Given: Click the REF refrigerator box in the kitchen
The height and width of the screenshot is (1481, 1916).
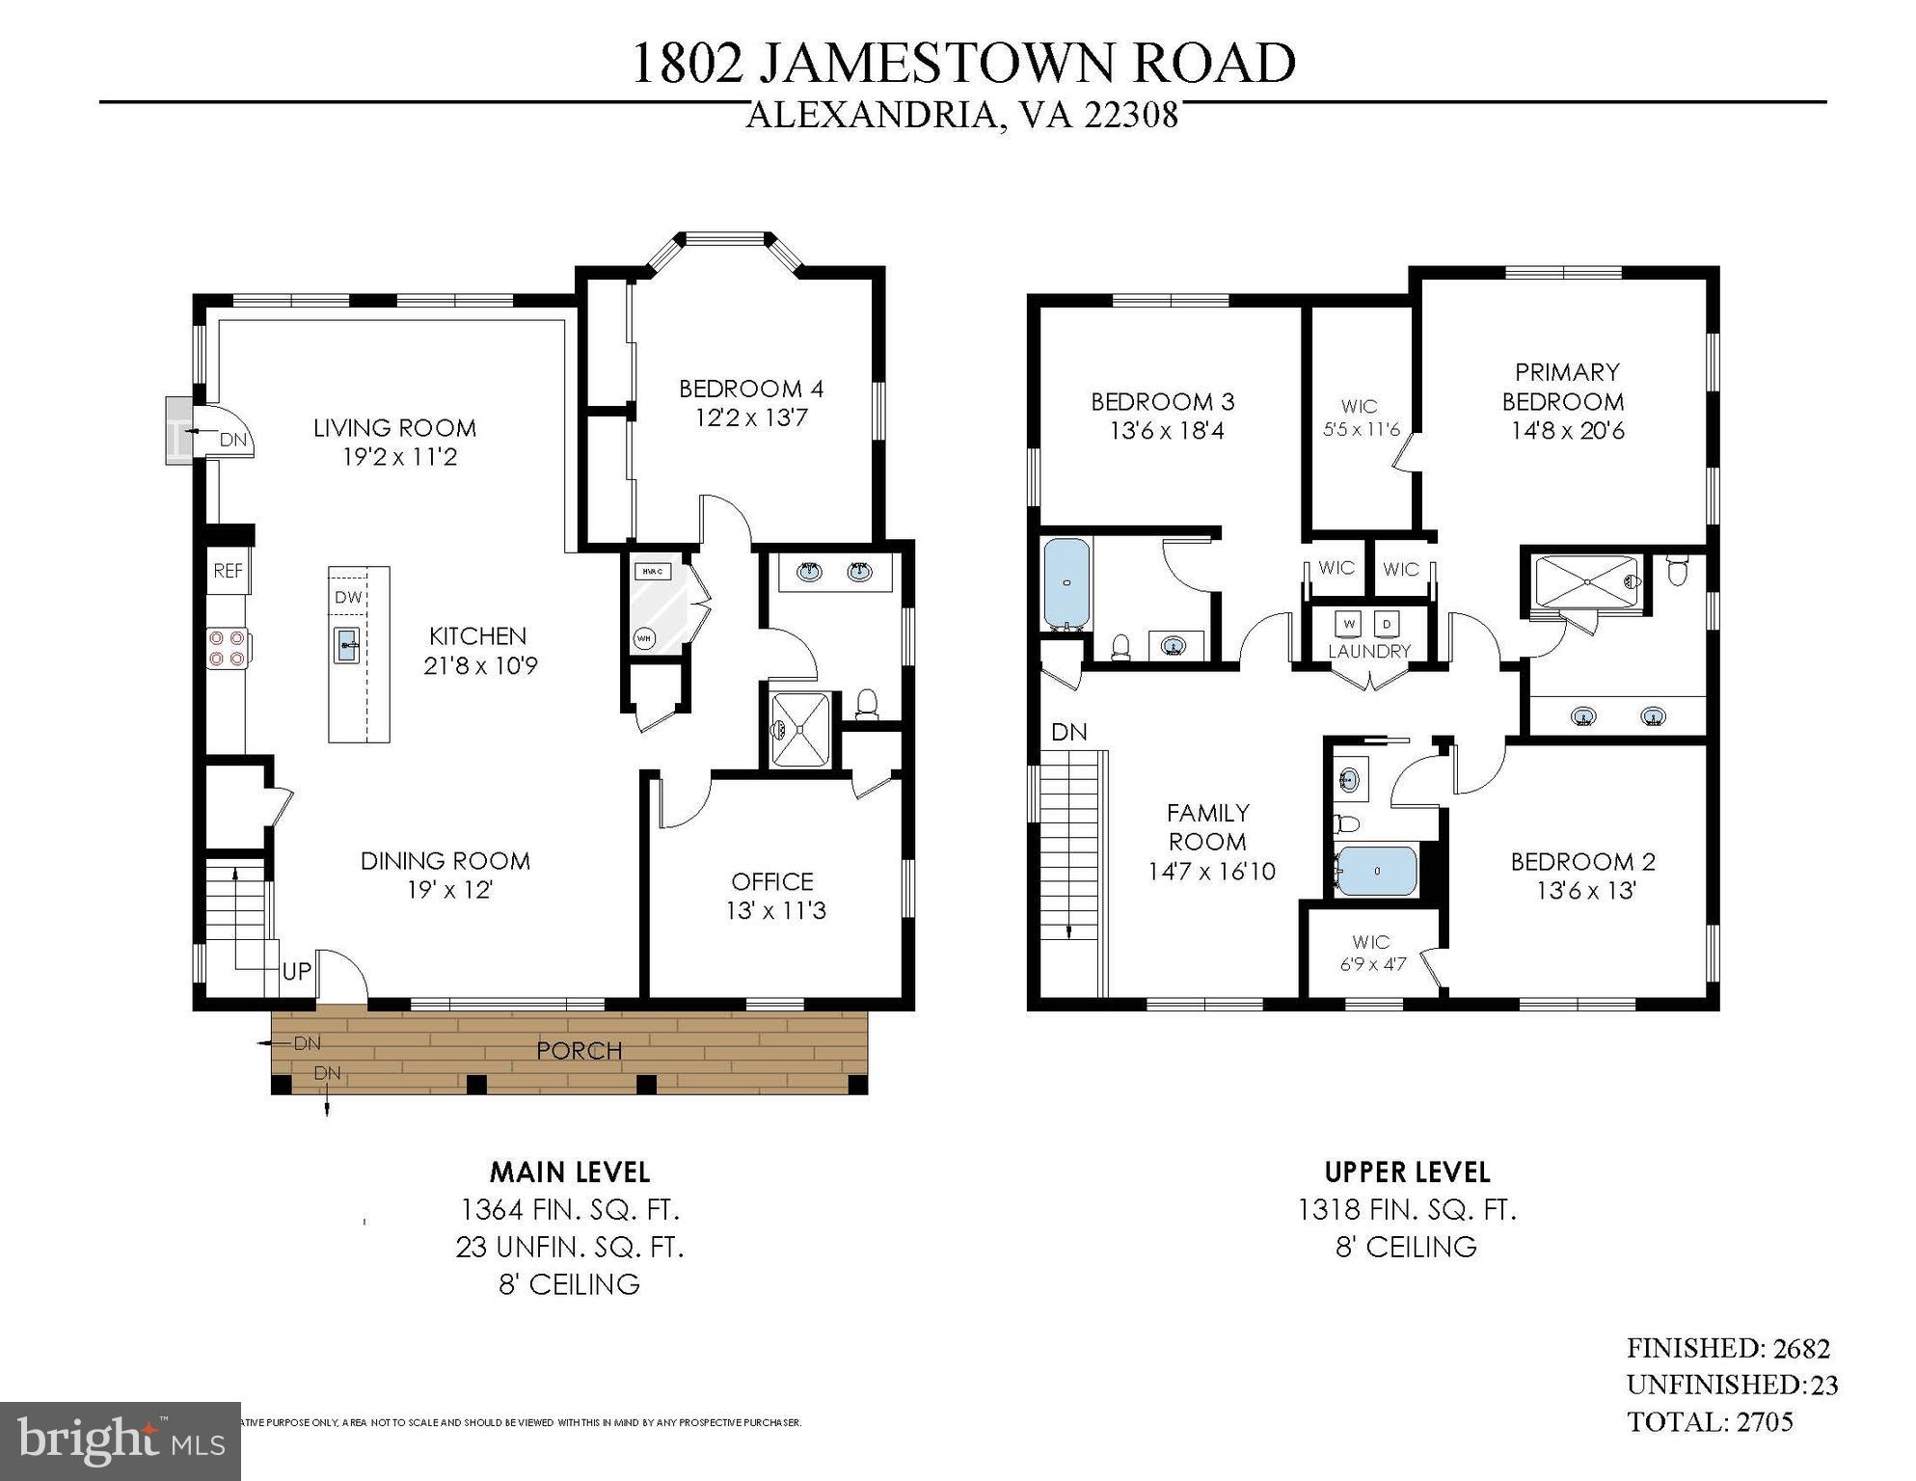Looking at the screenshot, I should point(228,571).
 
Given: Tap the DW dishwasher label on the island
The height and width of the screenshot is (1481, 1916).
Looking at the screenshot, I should point(348,598).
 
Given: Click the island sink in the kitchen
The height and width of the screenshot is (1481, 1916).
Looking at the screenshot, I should point(347,644).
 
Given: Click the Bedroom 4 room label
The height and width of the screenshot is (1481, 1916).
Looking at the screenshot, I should point(750,389).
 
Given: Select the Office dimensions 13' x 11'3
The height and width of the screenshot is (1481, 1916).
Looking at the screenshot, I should point(775,910).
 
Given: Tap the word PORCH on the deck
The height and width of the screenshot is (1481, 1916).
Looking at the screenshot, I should point(579,1050).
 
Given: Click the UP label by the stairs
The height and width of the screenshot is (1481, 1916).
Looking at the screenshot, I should point(296,972).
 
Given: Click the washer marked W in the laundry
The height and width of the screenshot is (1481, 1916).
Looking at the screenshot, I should point(1349,624).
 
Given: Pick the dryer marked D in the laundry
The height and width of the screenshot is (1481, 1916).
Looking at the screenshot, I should point(1388,624).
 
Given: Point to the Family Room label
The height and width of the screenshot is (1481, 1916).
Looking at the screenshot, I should point(1207,826).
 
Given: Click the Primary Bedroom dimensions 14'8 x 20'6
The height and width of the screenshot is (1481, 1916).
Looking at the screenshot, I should point(1567,430).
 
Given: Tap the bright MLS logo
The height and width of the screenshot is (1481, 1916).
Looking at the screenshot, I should point(121,1441).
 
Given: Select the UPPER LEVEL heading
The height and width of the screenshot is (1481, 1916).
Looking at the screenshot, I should point(1406,1172).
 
